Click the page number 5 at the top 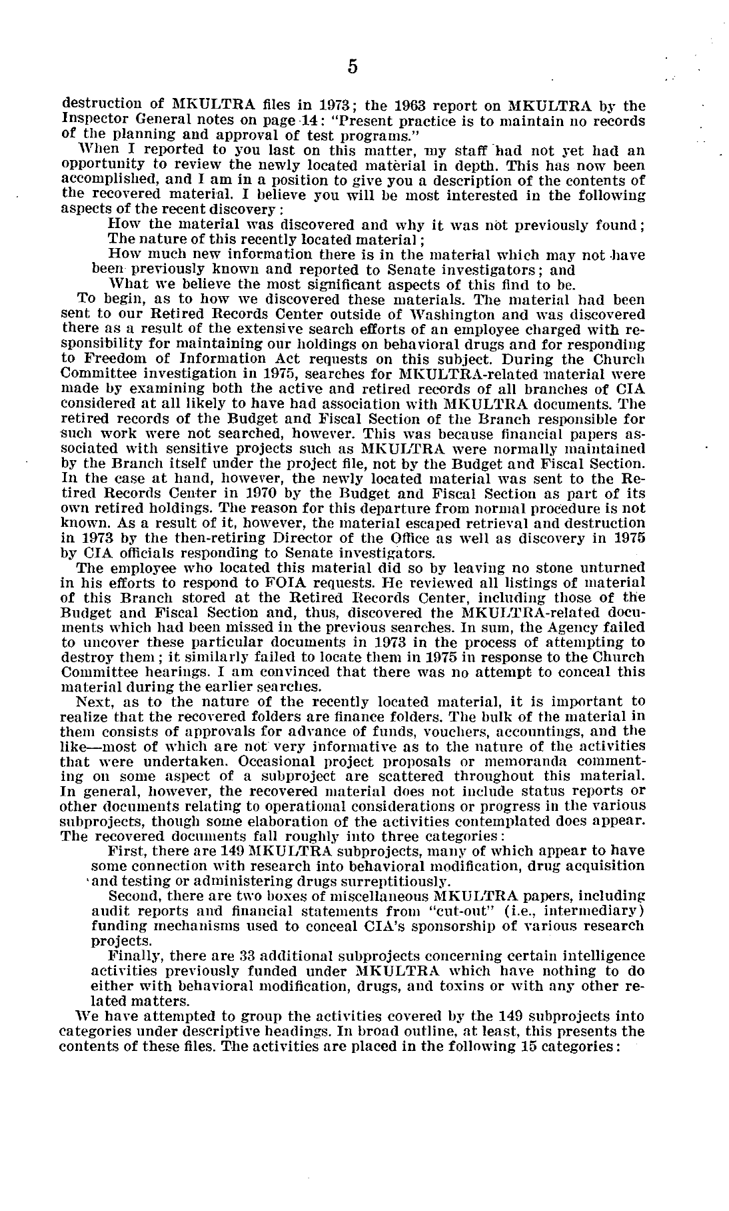coord(353,67)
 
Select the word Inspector coord(90,121)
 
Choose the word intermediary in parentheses coord(602,910)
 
